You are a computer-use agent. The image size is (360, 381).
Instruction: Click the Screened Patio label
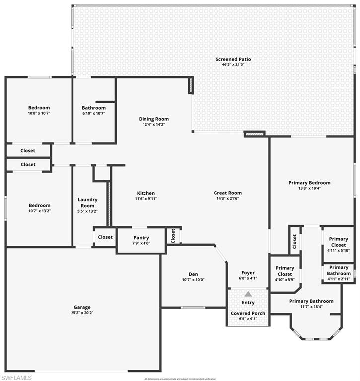pyautogui.click(x=230, y=59)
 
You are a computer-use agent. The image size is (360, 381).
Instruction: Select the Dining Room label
pyautogui.click(x=153, y=119)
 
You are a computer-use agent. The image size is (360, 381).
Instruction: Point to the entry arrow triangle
pyautogui.click(x=248, y=294)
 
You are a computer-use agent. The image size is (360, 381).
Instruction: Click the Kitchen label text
pyautogui.click(x=146, y=193)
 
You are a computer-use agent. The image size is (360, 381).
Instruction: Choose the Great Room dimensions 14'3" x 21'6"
pyautogui.click(x=227, y=199)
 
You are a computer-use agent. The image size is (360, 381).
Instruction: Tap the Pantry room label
pyautogui.click(x=141, y=238)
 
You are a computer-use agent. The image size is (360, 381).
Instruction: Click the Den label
pyautogui.click(x=193, y=274)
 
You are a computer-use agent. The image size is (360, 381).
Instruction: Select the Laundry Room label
pyautogui.click(x=88, y=202)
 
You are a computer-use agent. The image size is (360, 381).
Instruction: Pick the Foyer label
pyautogui.click(x=248, y=273)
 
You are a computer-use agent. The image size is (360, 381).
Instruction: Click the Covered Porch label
pyautogui.click(x=248, y=313)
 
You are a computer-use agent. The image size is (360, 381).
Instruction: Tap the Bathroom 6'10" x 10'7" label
pyautogui.click(x=94, y=108)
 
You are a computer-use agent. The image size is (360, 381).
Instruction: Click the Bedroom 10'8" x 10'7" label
pyautogui.click(x=39, y=108)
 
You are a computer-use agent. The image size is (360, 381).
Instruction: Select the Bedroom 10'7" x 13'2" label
pyautogui.click(x=39, y=205)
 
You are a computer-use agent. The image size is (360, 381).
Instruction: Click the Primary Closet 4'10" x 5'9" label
pyautogui.click(x=285, y=271)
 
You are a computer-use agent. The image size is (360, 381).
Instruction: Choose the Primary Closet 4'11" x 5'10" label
pyautogui.click(x=339, y=242)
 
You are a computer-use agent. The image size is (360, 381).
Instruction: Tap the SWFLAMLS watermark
pyautogui.click(x=16, y=378)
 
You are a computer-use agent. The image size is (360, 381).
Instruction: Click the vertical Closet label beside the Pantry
pyautogui.click(x=173, y=235)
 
